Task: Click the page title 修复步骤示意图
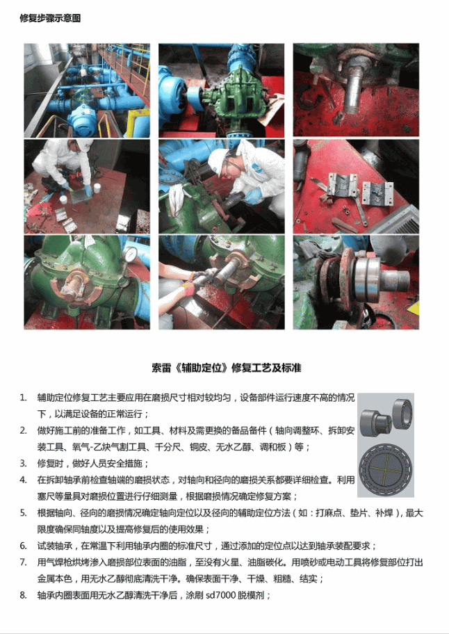[x=50, y=18]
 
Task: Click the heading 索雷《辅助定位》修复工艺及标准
[x=227, y=368]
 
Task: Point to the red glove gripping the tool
[x=187, y=290]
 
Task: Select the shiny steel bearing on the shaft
[x=367, y=279]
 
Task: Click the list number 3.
[x=23, y=464]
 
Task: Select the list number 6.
[x=23, y=546]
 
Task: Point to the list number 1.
[x=23, y=398]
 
